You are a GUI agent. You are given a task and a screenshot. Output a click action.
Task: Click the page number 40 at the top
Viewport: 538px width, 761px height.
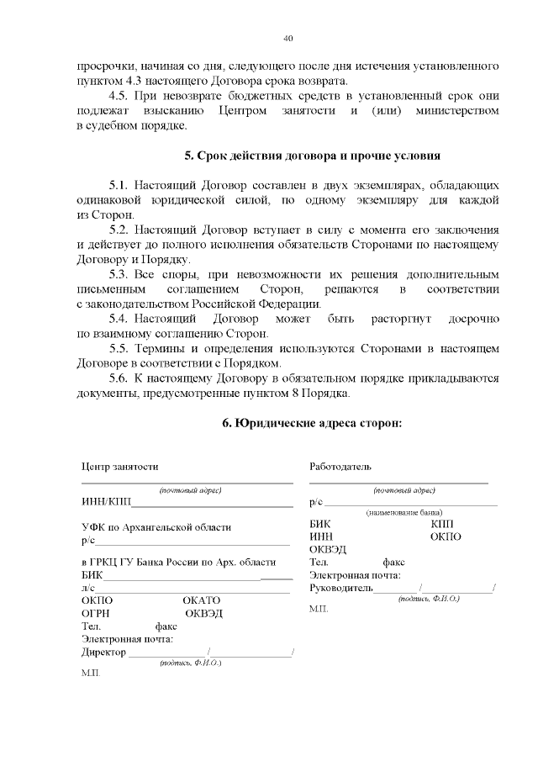(x=288, y=39)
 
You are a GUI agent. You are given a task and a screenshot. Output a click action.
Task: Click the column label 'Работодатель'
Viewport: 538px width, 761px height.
(x=340, y=467)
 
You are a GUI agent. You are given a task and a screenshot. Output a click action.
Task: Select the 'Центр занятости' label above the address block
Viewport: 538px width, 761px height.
(x=119, y=467)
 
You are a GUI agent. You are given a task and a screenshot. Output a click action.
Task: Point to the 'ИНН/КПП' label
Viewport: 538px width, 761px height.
(x=105, y=503)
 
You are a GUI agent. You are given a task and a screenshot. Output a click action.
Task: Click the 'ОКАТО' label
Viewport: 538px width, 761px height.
(x=201, y=600)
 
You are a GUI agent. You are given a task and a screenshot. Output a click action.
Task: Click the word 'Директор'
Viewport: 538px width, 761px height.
(x=103, y=652)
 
